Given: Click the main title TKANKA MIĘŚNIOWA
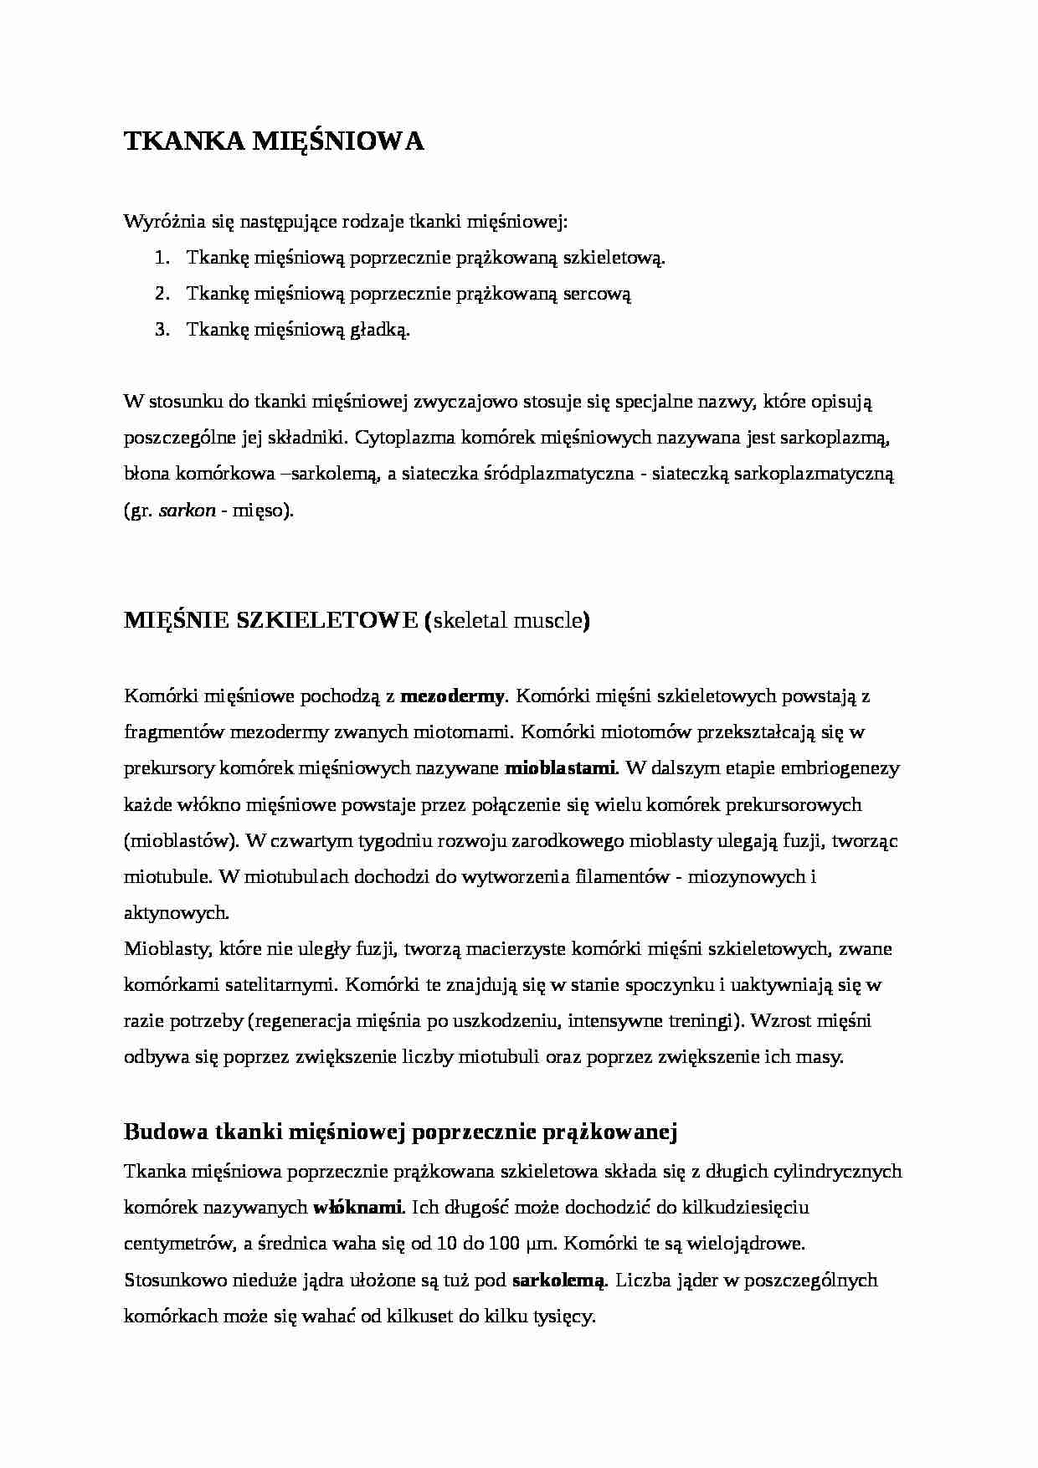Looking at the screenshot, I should [274, 141].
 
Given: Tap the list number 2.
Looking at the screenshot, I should [162, 294].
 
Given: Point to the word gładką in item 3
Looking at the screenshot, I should [380, 330].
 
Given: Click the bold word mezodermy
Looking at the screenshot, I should [453, 696].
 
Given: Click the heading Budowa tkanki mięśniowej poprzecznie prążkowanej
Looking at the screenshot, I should [400, 1132].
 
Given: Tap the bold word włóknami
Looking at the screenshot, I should [358, 1208].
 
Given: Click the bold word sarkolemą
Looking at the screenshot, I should [558, 1281].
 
